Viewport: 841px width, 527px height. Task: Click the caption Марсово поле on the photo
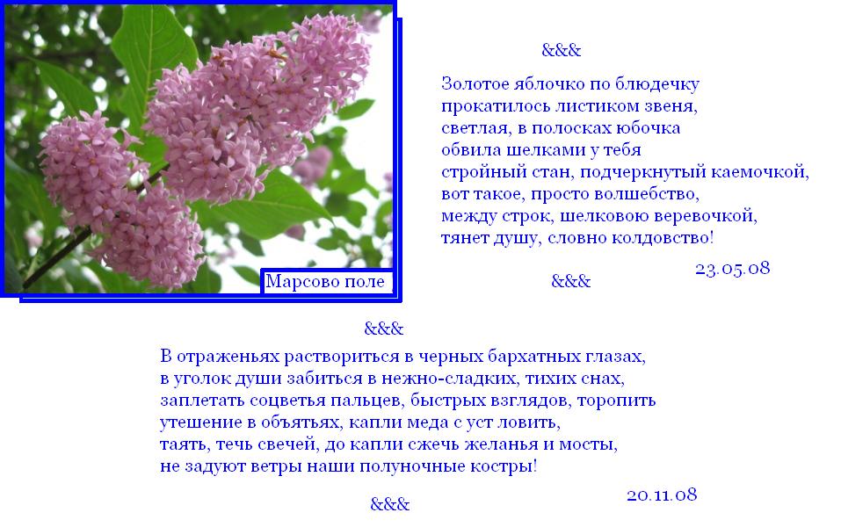pos(325,281)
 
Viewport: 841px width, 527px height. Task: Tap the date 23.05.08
pos(733,268)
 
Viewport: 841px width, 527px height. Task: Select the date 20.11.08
pos(662,495)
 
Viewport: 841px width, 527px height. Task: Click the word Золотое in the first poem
pos(475,83)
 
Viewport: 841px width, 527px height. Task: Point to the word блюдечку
pos(657,84)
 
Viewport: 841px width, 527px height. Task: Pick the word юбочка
pos(648,128)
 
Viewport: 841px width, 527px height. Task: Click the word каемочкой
pos(759,172)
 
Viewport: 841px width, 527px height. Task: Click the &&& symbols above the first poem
pos(561,50)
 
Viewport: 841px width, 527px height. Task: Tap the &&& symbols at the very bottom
pos(390,504)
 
